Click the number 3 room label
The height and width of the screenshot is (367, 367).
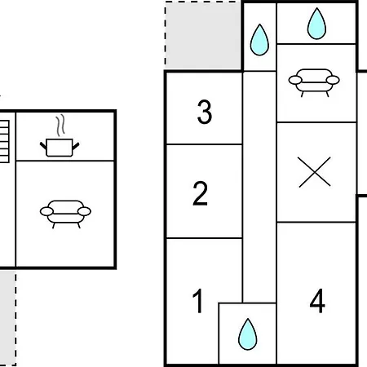(205, 112)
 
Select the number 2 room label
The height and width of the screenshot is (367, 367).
(200, 193)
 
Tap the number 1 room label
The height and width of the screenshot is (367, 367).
(198, 301)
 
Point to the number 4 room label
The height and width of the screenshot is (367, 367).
(317, 301)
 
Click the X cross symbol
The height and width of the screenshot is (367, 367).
(314, 172)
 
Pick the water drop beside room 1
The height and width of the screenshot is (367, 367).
(247, 334)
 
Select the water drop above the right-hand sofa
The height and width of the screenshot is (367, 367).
(316, 24)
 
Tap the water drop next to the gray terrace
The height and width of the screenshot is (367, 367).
(259, 40)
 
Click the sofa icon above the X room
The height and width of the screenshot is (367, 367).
(314, 82)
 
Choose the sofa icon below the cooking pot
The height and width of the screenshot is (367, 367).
(65, 214)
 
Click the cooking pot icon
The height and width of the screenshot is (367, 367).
(60, 148)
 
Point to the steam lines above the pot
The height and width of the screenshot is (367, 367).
(60, 125)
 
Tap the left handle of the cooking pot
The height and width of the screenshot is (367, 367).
(43, 146)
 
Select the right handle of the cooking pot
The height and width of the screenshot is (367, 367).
(76, 146)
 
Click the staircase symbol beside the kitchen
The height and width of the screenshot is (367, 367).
(4, 141)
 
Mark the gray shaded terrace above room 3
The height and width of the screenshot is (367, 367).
(203, 35)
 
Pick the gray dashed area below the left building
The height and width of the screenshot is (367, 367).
(7, 318)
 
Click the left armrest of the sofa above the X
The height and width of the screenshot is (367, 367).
(295, 80)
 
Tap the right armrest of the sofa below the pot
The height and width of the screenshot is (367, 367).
(84, 211)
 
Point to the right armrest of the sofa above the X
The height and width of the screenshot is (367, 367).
(333, 80)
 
